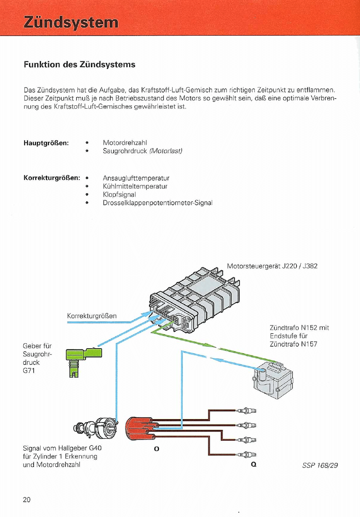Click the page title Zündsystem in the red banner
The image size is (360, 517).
[70, 22]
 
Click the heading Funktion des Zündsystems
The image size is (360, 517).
[80, 65]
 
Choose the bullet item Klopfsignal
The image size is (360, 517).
[119, 194]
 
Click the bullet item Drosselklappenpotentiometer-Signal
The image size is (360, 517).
[157, 203]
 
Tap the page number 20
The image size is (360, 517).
[27, 499]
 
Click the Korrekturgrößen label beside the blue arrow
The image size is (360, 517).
[92, 316]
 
